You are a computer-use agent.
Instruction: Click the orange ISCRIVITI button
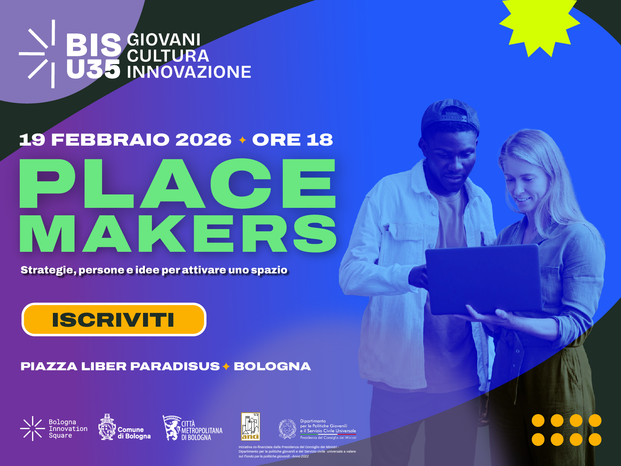114,320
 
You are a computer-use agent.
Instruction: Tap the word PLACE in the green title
178,183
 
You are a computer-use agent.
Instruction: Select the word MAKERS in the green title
178,234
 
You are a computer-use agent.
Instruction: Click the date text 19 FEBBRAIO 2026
125,140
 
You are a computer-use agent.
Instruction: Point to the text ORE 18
292,140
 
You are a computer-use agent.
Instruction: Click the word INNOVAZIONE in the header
189,72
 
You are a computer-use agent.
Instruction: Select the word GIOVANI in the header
164,40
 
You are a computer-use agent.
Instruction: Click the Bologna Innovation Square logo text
68,429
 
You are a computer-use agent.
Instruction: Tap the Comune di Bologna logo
124,428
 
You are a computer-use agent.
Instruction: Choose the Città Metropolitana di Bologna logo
193,429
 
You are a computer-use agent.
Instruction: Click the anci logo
250,427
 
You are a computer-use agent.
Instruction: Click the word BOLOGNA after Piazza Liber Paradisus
272,367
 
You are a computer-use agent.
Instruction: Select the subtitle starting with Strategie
154,270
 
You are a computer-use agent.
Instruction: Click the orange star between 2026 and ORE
243,140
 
